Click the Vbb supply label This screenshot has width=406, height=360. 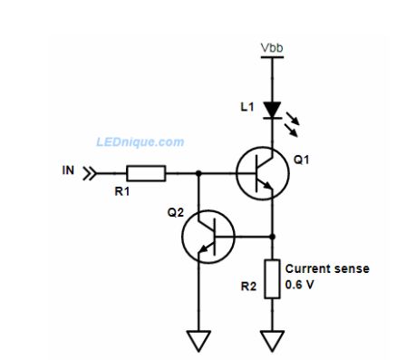(x=271, y=46)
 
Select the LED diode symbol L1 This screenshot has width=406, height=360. (x=271, y=110)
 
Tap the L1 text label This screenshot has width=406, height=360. (x=247, y=107)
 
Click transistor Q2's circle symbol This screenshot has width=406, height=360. (x=208, y=236)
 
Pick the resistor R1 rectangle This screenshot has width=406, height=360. (x=146, y=172)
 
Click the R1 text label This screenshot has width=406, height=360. (x=121, y=191)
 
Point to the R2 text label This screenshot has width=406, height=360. (x=247, y=287)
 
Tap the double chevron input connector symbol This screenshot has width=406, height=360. (x=89, y=172)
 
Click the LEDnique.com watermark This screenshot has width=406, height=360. (x=140, y=142)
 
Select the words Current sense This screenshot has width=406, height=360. (x=327, y=268)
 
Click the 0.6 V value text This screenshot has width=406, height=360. (x=302, y=284)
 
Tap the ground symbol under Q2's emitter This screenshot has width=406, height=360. (x=198, y=341)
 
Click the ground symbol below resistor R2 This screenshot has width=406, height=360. (x=272, y=341)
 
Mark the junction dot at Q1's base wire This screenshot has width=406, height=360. (x=198, y=172)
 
